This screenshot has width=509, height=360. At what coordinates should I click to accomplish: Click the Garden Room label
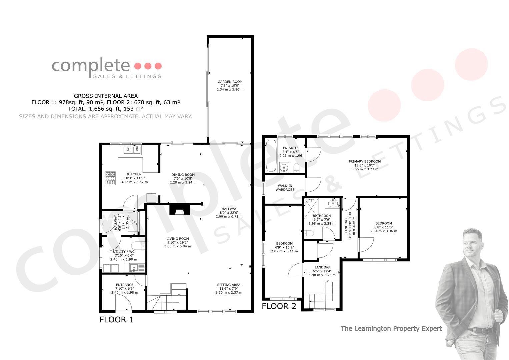tap(230, 82)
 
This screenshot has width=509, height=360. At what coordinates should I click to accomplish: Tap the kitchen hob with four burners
tap(110, 178)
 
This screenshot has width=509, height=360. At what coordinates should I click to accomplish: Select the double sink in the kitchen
tap(132, 150)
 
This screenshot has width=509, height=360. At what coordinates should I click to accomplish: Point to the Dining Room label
tap(183, 175)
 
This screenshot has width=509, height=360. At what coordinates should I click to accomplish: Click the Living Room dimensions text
tap(177, 244)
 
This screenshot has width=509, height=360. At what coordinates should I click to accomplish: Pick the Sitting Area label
tap(229, 285)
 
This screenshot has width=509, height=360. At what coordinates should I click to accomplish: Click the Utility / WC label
tap(124, 252)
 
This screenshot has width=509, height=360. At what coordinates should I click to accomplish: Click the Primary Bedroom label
tap(365, 161)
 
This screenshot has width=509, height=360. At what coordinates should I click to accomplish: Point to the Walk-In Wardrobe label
tap(285, 187)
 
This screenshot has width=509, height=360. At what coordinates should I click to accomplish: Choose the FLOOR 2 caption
tap(279, 306)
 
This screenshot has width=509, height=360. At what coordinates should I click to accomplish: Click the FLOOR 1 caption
tap(116, 320)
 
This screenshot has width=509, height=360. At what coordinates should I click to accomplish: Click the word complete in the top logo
tap(91, 66)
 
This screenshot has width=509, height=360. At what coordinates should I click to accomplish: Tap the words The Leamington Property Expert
tap(391, 328)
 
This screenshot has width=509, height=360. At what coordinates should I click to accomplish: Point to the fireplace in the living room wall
tap(180, 209)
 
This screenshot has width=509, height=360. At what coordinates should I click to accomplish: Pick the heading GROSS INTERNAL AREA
tap(106, 96)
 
